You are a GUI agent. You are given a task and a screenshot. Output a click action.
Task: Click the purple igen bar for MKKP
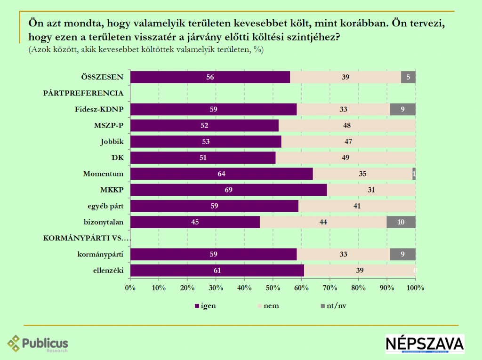tap(228, 190)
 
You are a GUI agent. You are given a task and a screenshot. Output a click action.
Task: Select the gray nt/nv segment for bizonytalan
tap(401, 222)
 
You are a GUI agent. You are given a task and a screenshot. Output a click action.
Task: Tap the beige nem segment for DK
tap(345, 158)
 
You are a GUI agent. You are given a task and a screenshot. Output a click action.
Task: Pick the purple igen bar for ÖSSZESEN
tap(210, 77)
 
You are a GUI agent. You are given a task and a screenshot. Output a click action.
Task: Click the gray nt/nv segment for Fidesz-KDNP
tap(402, 110)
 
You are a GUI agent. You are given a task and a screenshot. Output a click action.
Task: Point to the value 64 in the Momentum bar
tap(221, 174)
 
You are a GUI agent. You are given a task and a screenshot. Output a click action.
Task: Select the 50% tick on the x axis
tap(273, 287)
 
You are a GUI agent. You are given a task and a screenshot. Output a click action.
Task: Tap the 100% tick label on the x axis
tap(415, 287)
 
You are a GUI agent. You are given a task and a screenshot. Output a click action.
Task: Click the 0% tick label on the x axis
tap(130, 287)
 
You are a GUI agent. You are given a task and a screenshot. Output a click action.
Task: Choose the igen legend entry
tap(205, 306)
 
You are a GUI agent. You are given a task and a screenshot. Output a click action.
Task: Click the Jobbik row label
tap(112, 142)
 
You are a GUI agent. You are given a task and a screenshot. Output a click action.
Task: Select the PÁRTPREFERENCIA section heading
tap(83, 93)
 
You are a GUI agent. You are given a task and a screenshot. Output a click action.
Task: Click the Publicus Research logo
tap(38, 344)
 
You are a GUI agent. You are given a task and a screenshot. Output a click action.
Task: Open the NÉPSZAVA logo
tap(425, 344)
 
